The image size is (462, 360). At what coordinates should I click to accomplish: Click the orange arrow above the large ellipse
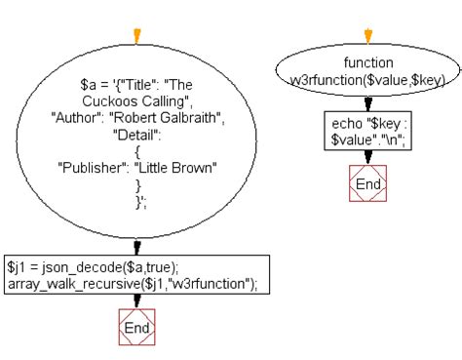(x=135, y=36)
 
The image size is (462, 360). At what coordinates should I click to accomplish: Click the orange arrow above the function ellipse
(x=367, y=36)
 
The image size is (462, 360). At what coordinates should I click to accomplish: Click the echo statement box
(x=367, y=131)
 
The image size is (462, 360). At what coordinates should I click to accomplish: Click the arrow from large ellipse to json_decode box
(x=136, y=247)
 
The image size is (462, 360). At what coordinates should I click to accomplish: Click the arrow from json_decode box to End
(x=136, y=301)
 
